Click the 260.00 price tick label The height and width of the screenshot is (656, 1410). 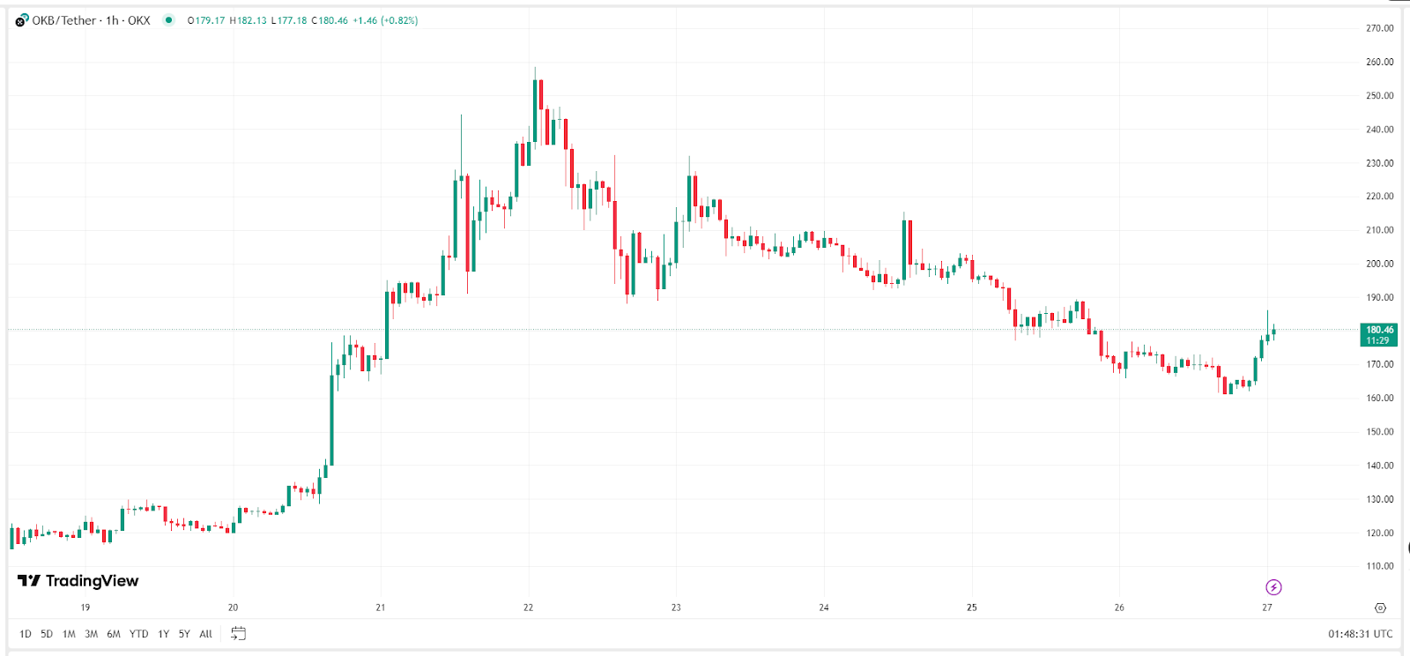[1379, 62]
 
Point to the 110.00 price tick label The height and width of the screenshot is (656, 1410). [1379, 566]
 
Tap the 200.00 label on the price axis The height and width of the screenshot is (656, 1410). [1379, 264]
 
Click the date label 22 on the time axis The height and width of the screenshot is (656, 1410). [528, 608]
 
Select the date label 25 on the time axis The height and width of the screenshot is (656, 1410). [971, 608]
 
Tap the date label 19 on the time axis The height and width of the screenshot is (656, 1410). [85, 608]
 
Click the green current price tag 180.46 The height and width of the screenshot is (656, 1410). [1378, 334]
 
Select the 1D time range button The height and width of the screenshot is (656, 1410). [26, 634]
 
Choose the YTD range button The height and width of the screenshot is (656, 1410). [138, 634]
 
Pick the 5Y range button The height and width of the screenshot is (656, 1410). [184, 634]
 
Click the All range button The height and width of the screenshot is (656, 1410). [205, 634]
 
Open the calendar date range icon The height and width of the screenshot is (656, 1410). [238, 633]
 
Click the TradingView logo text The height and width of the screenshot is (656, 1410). [78, 580]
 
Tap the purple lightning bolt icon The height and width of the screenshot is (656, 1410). [1273, 587]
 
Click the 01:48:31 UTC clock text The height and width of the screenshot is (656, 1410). [1360, 634]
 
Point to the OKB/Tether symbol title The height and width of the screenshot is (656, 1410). [64, 20]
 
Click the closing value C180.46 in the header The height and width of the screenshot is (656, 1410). [330, 20]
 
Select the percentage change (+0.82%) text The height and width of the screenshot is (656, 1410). [399, 20]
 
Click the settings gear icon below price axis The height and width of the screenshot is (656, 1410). [1380, 608]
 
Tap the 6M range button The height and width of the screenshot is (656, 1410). [114, 634]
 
